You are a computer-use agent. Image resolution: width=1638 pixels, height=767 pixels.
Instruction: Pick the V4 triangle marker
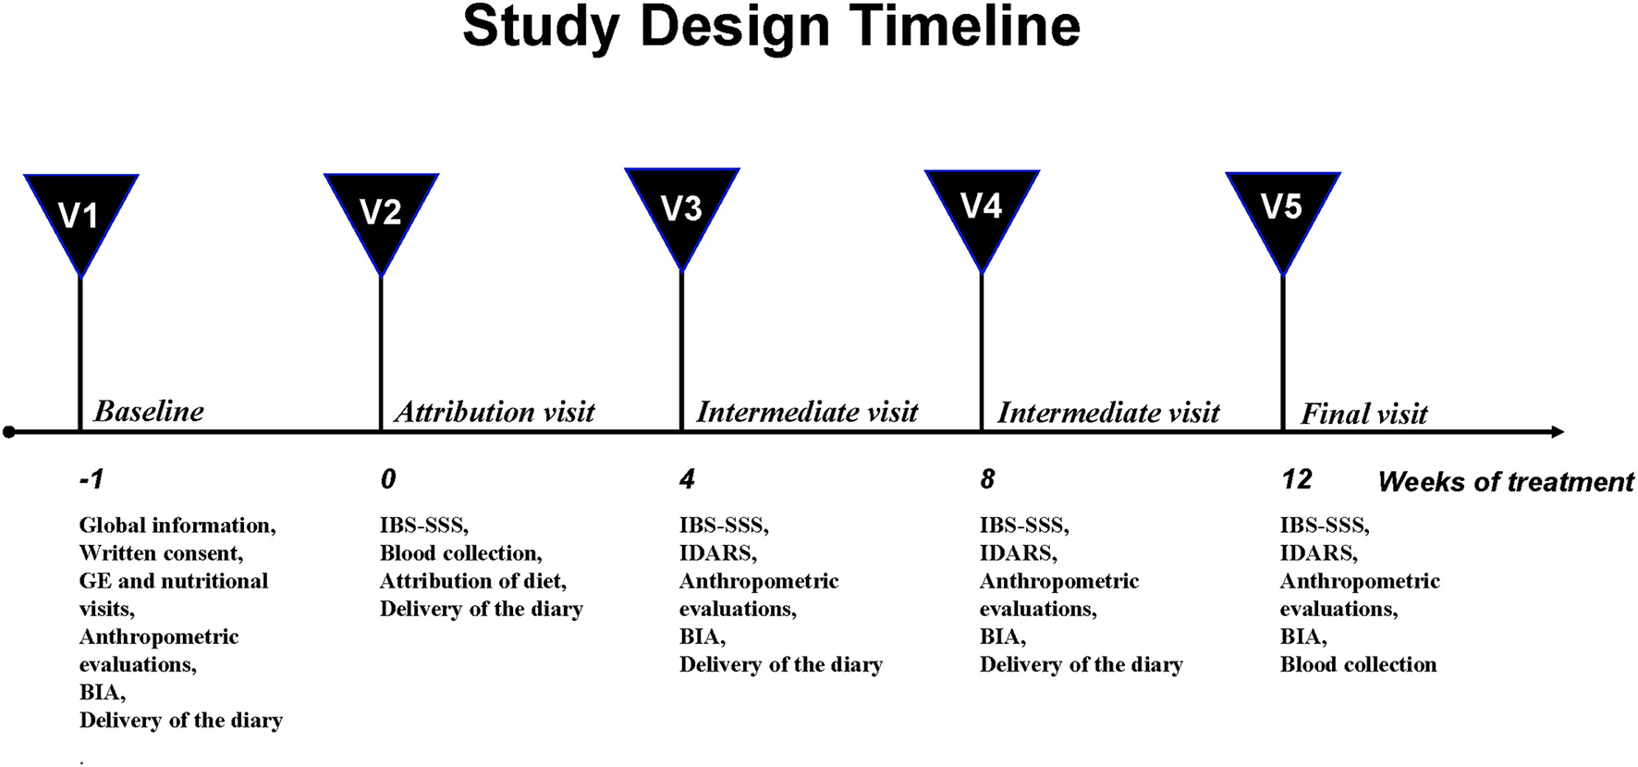982,211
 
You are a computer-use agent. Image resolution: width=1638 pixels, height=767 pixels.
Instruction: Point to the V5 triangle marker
1282,212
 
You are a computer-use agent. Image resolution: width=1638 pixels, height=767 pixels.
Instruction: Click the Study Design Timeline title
771,27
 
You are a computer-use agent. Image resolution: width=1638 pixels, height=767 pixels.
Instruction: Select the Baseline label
149,411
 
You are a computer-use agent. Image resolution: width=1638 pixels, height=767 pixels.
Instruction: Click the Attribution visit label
495,412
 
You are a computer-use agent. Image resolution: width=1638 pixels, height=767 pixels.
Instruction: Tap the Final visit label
1363,414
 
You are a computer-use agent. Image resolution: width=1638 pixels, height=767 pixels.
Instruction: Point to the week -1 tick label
92,479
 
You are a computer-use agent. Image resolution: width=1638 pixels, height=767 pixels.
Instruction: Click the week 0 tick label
388,479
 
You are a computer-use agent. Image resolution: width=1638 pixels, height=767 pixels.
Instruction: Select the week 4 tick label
687,479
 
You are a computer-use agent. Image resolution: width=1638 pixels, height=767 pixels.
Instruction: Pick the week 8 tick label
987,479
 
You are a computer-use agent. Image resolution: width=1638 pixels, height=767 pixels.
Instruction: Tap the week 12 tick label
1296,479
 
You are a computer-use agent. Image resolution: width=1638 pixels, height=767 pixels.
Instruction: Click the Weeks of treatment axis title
1506,482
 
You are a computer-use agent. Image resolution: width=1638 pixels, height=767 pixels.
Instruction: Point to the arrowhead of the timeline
1557,432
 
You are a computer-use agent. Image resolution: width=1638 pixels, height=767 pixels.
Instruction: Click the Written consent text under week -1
161,553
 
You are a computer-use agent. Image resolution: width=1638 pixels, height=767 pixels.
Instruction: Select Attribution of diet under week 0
472,581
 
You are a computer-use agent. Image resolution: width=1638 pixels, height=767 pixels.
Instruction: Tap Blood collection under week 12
1358,664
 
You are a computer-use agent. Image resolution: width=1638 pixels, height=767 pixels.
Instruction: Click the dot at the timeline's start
9,432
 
